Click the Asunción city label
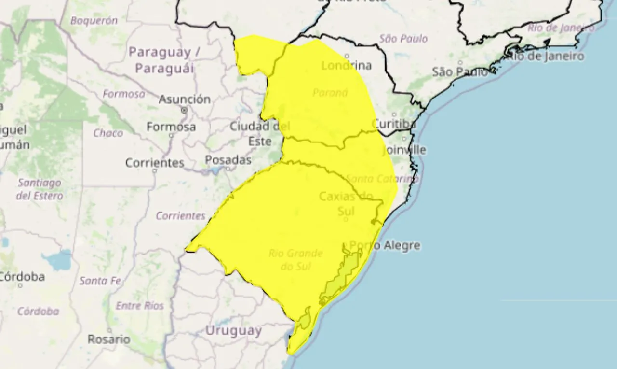click(x=184, y=99)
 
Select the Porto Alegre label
click(x=385, y=246)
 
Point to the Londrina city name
click(x=346, y=66)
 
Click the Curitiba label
click(x=394, y=124)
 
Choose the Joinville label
click(x=404, y=150)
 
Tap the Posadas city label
click(x=228, y=160)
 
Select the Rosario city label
click(x=108, y=339)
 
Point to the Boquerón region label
click(x=94, y=21)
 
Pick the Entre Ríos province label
click(x=140, y=306)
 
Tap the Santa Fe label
click(x=100, y=281)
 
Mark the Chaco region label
click(x=108, y=133)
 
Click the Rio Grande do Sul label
click(x=295, y=259)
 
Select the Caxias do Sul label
click(x=346, y=203)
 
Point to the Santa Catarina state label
click(x=382, y=179)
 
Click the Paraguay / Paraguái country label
click(x=164, y=60)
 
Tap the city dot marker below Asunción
click(x=184, y=111)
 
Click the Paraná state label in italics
click(x=330, y=92)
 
